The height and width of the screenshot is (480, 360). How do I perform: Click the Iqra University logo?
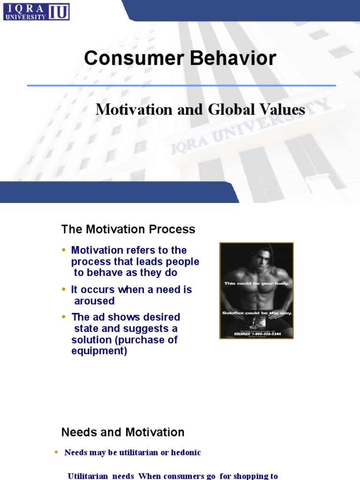pyautogui.click(x=36, y=11)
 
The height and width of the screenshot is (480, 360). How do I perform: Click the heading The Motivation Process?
pyautogui.click(x=128, y=230)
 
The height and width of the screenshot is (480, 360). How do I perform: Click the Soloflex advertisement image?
pyautogui.click(x=256, y=291)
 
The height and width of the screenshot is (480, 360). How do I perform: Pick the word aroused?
pyautogui.click(x=94, y=301)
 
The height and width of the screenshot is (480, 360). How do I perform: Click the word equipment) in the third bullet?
pyautogui.click(x=99, y=351)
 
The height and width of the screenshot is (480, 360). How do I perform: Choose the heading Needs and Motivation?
pyautogui.click(x=123, y=432)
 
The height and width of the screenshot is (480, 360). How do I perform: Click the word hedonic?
pyautogui.click(x=184, y=452)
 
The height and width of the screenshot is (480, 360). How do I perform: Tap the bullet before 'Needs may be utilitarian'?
pyautogui.click(x=56, y=452)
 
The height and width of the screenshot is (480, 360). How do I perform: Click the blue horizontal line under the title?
pyautogui.click(x=181, y=85)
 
